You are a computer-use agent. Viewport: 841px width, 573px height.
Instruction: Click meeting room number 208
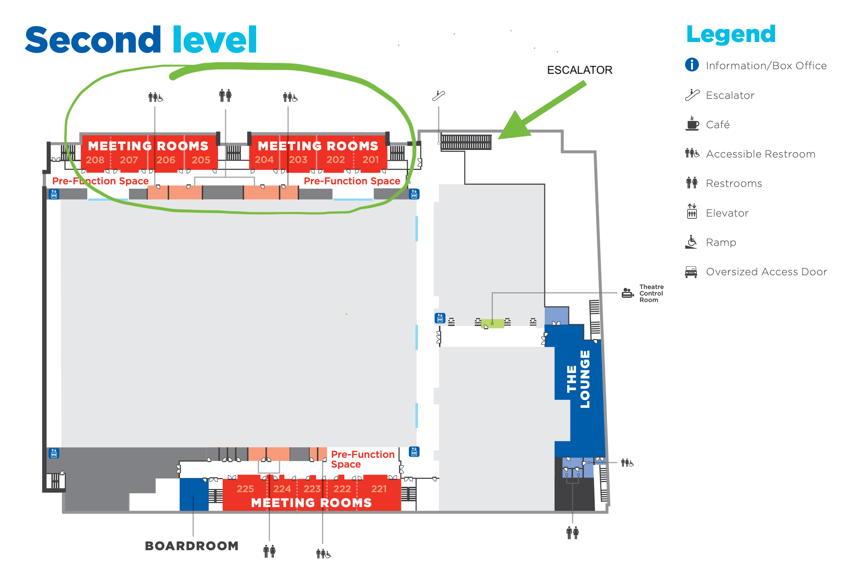point(95,160)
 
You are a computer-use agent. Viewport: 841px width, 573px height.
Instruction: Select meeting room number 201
point(371,160)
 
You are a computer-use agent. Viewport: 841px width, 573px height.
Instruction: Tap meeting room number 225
point(245,489)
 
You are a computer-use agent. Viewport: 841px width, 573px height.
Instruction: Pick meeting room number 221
point(379,489)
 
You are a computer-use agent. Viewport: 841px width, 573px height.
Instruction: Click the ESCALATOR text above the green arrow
point(580,70)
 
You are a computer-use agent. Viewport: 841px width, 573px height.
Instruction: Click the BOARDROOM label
point(192,546)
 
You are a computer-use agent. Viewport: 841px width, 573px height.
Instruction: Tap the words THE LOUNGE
point(578,379)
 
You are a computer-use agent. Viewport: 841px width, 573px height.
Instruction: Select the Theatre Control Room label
point(651,293)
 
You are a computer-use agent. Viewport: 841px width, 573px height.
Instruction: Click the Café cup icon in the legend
point(692,124)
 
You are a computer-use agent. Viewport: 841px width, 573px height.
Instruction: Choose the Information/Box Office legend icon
point(692,65)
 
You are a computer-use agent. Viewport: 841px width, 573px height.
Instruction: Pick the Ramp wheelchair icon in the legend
point(691,242)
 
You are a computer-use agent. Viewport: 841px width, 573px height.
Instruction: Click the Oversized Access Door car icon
point(691,272)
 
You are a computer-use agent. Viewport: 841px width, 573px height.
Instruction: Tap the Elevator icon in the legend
point(692,211)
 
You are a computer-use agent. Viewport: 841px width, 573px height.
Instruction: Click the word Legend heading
point(731,34)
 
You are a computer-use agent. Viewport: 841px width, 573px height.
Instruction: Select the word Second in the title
point(93,40)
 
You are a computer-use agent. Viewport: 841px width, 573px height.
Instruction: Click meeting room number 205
point(201,160)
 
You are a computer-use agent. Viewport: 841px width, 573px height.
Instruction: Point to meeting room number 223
point(312,489)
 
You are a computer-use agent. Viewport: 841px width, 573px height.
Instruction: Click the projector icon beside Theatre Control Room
point(627,293)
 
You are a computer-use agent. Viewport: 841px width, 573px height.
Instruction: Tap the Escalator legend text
point(730,95)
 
